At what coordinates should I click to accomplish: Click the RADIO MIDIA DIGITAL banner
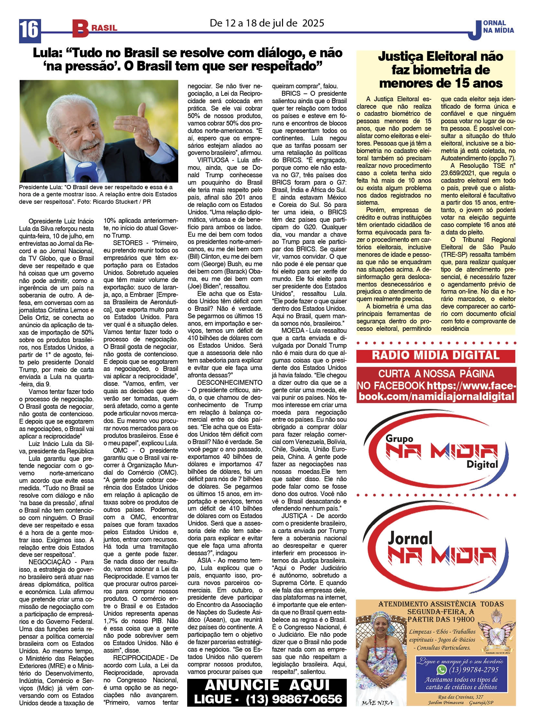click(436, 355)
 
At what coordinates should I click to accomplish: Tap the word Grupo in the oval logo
click(399, 439)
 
